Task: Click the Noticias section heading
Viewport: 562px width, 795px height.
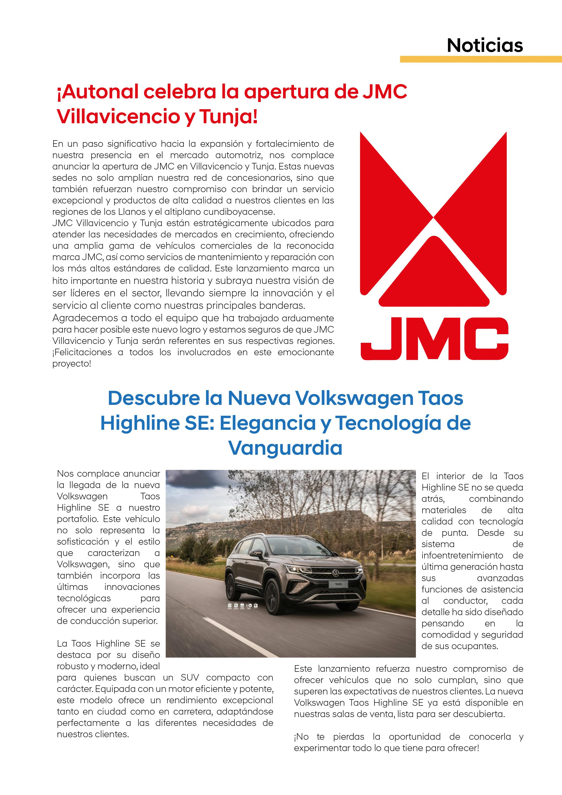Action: click(x=485, y=45)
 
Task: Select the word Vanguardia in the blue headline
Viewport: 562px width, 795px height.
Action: click(x=285, y=448)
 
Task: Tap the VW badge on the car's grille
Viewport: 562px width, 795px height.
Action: click(x=335, y=573)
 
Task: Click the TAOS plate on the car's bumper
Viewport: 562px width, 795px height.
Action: click(x=338, y=584)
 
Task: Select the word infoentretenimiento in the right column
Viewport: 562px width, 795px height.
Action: click(x=462, y=555)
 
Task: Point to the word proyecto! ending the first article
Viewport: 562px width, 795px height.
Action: click(x=72, y=364)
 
